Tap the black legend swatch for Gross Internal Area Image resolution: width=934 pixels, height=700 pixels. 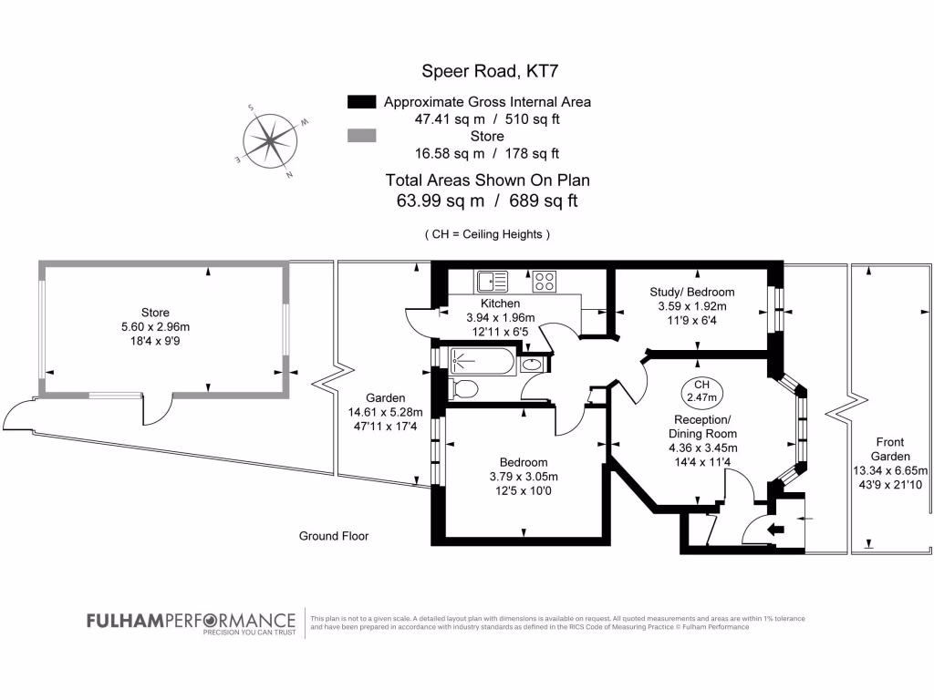(362, 101)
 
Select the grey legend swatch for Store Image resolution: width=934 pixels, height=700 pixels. (362, 136)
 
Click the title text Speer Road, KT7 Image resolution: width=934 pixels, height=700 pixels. (485, 70)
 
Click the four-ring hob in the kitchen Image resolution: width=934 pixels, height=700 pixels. (545, 281)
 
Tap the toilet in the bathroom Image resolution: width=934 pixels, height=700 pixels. (464, 389)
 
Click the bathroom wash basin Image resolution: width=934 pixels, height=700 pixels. (531, 365)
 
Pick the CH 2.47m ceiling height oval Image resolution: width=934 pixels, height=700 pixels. (701, 391)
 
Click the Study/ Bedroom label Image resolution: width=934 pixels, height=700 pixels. (691, 292)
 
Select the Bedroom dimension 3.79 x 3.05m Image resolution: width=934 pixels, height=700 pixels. (524, 477)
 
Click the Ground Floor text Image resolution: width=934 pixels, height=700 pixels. (334, 536)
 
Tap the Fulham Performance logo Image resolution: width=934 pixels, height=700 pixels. (191, 622)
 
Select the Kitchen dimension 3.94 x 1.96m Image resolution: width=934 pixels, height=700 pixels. (500, 317)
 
